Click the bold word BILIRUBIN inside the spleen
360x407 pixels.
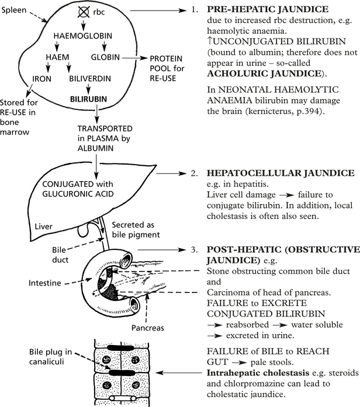point(88,99)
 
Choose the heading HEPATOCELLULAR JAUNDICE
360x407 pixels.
point(272,174)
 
